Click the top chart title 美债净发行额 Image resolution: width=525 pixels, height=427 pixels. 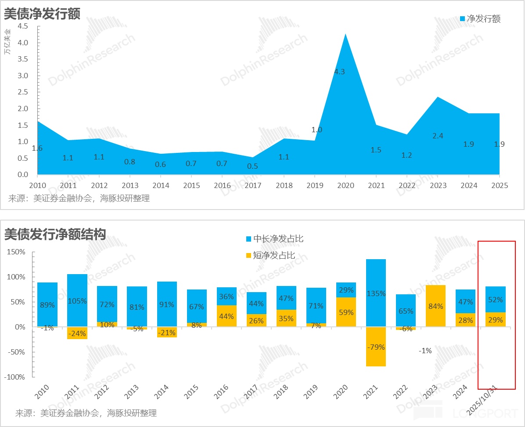42,14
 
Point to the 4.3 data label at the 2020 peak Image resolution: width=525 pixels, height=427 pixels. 339,72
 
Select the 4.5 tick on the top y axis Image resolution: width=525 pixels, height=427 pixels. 23,26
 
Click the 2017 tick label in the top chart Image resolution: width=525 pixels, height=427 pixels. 252,185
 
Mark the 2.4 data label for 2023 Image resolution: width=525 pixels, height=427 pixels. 438,136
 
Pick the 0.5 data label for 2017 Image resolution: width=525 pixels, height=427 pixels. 252,166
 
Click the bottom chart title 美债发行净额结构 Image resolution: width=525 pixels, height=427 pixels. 55,234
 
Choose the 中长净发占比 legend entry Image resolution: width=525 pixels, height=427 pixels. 274,239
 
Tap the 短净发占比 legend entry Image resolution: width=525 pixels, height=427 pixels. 270,255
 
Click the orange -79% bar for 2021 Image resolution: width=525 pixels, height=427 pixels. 376,347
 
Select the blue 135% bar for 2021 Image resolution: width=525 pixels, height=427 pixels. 376,293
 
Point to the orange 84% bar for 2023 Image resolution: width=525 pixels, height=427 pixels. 435,306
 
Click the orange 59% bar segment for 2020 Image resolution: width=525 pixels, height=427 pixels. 346,312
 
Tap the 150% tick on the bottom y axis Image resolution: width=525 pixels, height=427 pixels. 16,252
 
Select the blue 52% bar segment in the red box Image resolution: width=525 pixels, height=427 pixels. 496,299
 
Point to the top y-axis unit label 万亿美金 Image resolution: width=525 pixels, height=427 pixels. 7,42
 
